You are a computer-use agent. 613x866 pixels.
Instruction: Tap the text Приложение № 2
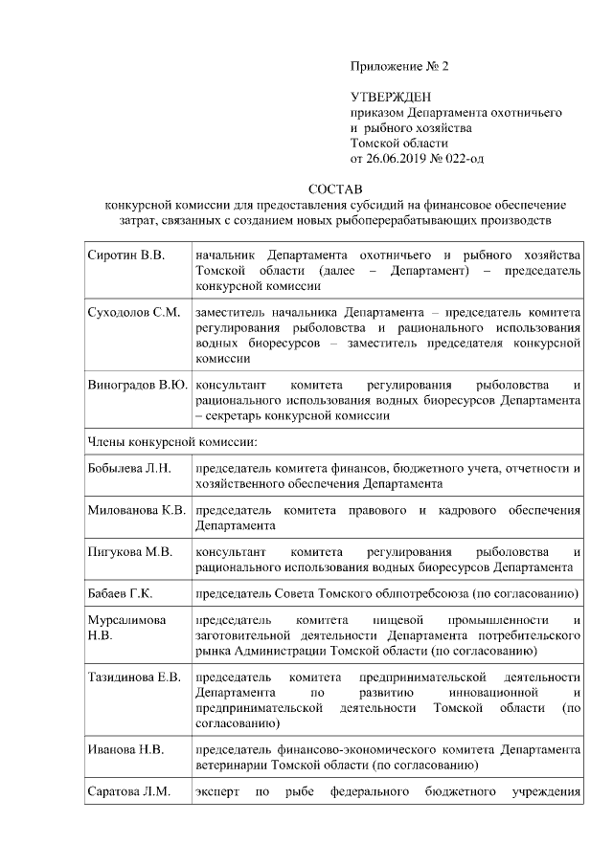400,67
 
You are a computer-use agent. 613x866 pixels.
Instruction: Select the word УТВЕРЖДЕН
392,98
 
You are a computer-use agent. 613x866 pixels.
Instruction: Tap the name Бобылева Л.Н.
129,469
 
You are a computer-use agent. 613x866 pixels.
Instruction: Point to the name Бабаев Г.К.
121,593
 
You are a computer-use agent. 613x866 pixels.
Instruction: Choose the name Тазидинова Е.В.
134,678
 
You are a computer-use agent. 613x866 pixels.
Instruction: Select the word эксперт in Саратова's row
217,791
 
